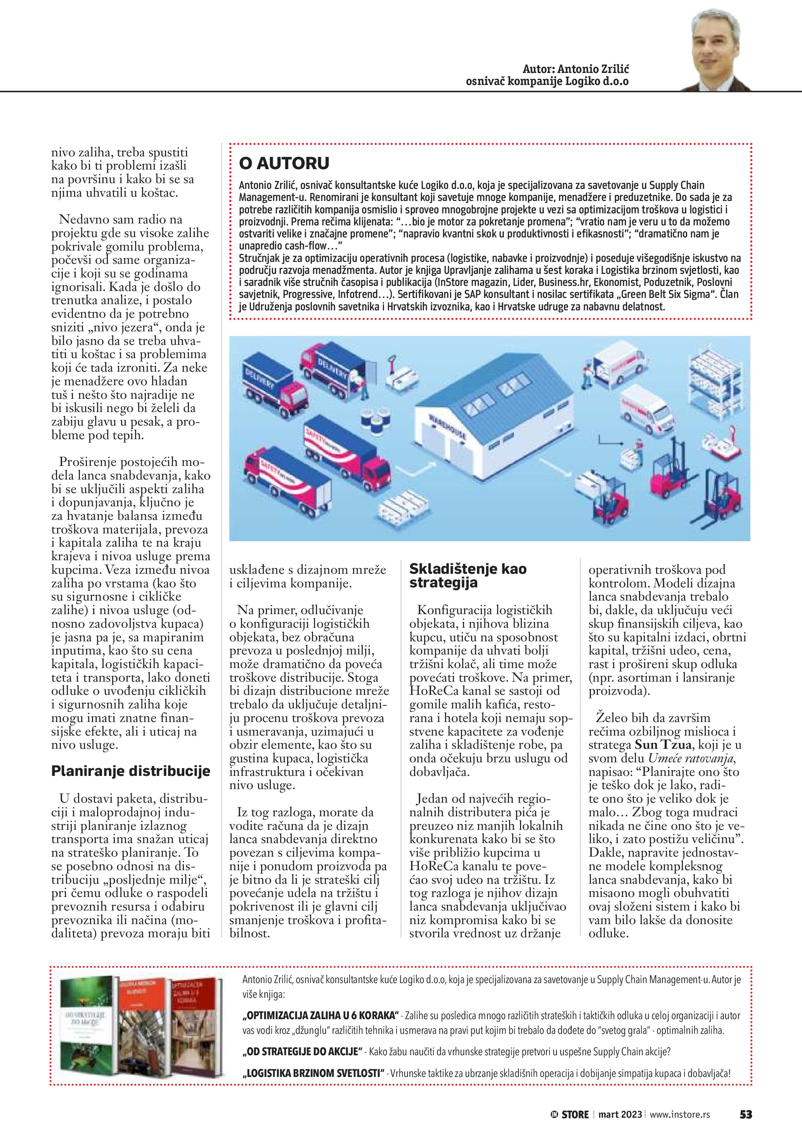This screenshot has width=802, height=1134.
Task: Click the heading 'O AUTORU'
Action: click(284, 163)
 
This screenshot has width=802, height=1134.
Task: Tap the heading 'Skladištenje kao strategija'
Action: click(468, 576)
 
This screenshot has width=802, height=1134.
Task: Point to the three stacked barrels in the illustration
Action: click(377, 421)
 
